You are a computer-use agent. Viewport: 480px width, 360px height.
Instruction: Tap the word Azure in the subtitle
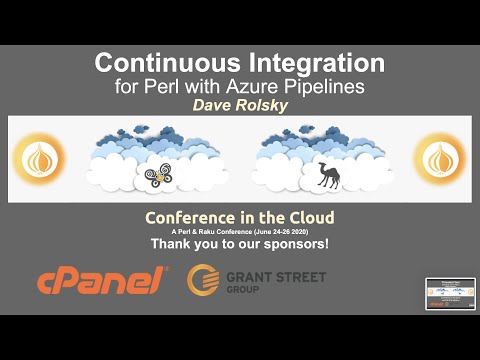(x=250, y=86)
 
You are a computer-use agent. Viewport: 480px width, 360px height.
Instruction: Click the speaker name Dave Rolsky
(x=239, y=105)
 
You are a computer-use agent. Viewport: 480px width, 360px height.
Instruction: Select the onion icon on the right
(x=437, y=159)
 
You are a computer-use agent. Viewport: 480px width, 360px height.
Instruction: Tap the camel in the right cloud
(x=326, y=175)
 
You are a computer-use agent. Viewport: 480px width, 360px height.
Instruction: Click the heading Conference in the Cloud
(x=239, y=217)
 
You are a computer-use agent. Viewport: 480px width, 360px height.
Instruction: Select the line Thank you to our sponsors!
(x=239, y=243)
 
